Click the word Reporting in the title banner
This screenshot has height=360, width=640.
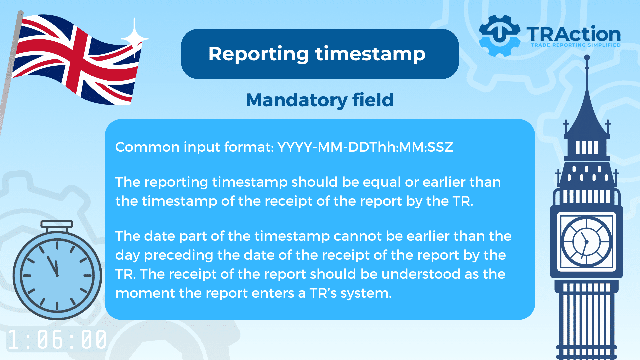pyautogui.click(x=259, y=54)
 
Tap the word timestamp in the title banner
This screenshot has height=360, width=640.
pyautogui.click(x=370, y=54)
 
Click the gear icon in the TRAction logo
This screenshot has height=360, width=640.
pyautogui.click(x=499, y=35)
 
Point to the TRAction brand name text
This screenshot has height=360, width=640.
pyautogui.click(x=573, y=34)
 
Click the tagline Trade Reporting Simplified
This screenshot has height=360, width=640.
pyautogui.click(x=576, y=45)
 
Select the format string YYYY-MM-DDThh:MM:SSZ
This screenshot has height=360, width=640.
pyautogui.click(x=365, y=147)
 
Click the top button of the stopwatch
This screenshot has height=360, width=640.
pyautogui.click(x=57, y=224)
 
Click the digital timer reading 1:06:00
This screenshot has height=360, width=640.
pyautogui.click(x=57, y=340)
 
